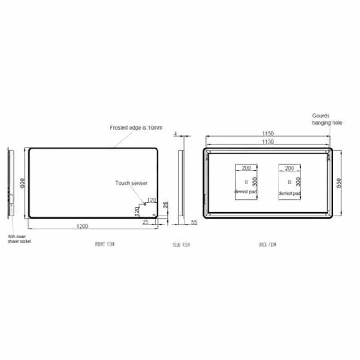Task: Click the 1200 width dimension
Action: point(82,226)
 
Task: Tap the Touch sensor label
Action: point(131,183)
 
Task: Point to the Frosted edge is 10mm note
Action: point(136,128)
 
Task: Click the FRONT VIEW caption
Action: point(105,244)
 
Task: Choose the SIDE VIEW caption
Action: point(181,245)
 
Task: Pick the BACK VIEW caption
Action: point(268,244)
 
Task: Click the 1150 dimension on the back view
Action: point(268,134)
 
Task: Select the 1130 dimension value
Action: point(268,142)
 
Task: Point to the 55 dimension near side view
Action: point(194,222)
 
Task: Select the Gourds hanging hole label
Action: point(327,119)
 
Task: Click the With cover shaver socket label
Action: point(19,238)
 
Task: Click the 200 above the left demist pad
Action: point(246,168)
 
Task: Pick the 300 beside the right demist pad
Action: point(297,182)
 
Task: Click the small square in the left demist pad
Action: point(246,182)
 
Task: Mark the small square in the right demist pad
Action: point(289,182)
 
